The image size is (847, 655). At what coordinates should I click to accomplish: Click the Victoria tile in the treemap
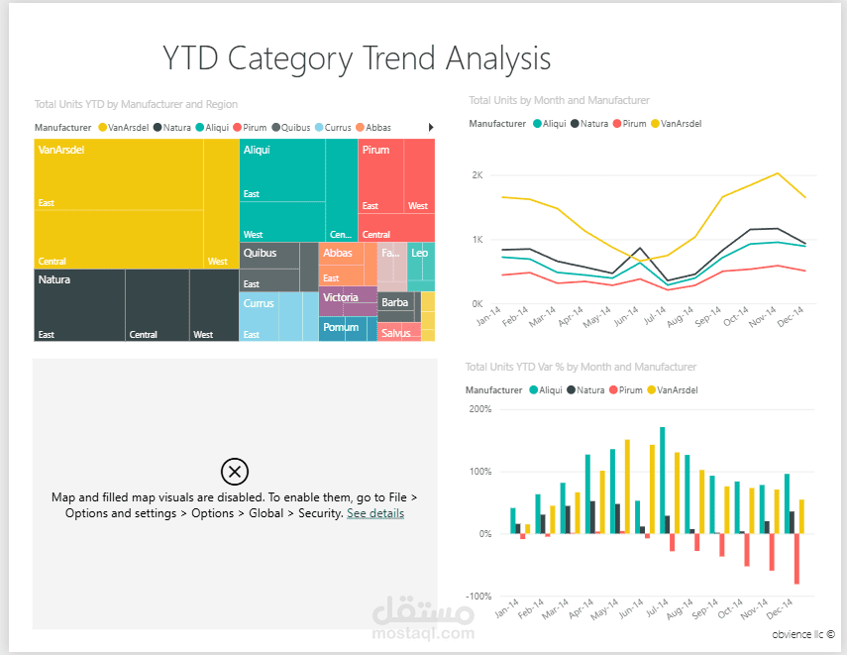[x=347, y=301]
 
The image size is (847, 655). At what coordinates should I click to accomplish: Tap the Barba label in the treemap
[x=394, y=302]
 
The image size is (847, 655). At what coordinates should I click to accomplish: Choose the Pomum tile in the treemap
[x=341, y=329]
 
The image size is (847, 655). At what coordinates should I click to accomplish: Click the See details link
[x=375, y=513]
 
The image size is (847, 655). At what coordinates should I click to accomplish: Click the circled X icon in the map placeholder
[x=235, y=471]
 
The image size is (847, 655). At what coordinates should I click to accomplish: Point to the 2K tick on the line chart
[x=476, y=175]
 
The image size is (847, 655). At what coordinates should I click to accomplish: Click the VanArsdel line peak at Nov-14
[x=778, y=173]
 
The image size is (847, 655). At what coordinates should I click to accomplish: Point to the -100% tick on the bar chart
[x=478, y=596]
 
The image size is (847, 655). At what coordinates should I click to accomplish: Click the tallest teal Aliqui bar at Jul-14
[x=662, y=481]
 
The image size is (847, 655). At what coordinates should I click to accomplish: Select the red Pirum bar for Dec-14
[x=795, y=559]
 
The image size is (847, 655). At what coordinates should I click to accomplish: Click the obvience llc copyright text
[x=802, y=633]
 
